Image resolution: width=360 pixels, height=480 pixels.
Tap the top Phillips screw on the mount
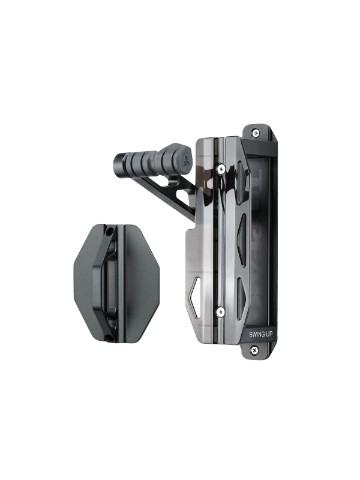(x=256, y=133)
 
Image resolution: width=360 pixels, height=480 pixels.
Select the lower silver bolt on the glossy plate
(x=221, y=311)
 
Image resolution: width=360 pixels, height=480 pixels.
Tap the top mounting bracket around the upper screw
(x=264, y=135)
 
